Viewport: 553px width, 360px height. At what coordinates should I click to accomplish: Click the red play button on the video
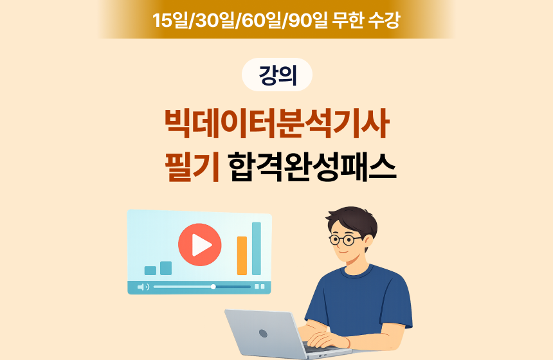click(200, 244)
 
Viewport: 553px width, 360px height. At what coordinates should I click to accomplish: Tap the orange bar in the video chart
click(242, 255)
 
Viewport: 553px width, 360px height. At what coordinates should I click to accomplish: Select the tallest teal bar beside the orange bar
click(257, 248)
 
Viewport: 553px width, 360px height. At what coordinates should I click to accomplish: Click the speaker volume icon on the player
click(143, 287)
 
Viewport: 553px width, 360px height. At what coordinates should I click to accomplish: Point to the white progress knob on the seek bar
click(213, 287)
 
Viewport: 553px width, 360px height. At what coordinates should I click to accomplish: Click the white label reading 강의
click(277, 75)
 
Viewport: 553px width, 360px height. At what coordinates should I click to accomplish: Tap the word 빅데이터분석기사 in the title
click(276, 124)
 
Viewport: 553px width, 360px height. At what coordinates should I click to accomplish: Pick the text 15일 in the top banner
click(172, 20)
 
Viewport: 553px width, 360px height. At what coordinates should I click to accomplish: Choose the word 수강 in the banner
click(384, 20)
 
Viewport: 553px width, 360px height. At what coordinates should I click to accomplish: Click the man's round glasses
click(345, 240)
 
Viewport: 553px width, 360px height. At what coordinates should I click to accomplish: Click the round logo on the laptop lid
click(262, 333)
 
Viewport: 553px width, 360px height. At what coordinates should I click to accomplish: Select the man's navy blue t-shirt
click(360, 296)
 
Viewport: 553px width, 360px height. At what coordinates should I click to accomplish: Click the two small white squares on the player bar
click(260, 287)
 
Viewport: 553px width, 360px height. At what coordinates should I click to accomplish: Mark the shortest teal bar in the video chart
click(150, 271)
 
